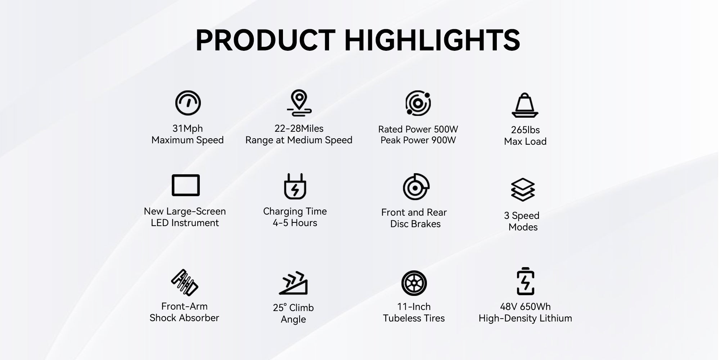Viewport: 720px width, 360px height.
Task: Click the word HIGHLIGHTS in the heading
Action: pos(432,40)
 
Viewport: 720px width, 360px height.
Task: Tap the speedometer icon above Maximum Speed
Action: pos(188,103)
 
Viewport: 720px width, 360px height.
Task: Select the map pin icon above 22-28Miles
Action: pos(299,103)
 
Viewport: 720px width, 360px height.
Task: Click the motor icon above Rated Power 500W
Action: pos(418,103)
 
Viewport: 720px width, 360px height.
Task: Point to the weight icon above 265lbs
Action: pos(525,105)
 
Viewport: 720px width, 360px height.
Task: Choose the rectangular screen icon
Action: pos(186,185)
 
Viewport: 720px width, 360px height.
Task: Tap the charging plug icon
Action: pos(295,186)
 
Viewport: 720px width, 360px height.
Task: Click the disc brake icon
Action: pos(416,186)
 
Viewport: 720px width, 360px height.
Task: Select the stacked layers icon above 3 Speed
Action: pos(523,190)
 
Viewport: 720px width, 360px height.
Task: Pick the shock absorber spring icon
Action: pos(185,283)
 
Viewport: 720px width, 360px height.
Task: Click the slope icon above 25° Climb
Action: pos(293,283)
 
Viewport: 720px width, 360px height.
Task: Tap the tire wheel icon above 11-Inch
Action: pos(414,283)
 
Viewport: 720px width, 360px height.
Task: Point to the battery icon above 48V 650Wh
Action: pos(526,282)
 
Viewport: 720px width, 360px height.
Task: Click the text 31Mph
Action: pos(188,129)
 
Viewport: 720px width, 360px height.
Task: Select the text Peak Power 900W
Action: pos(418,140)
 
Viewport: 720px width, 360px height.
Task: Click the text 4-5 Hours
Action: pos(295,223)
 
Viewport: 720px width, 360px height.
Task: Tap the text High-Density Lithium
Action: pos(525,318)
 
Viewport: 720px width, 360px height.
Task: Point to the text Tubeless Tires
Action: pos(414,318)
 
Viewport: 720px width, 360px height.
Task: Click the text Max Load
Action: pos(525,141)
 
